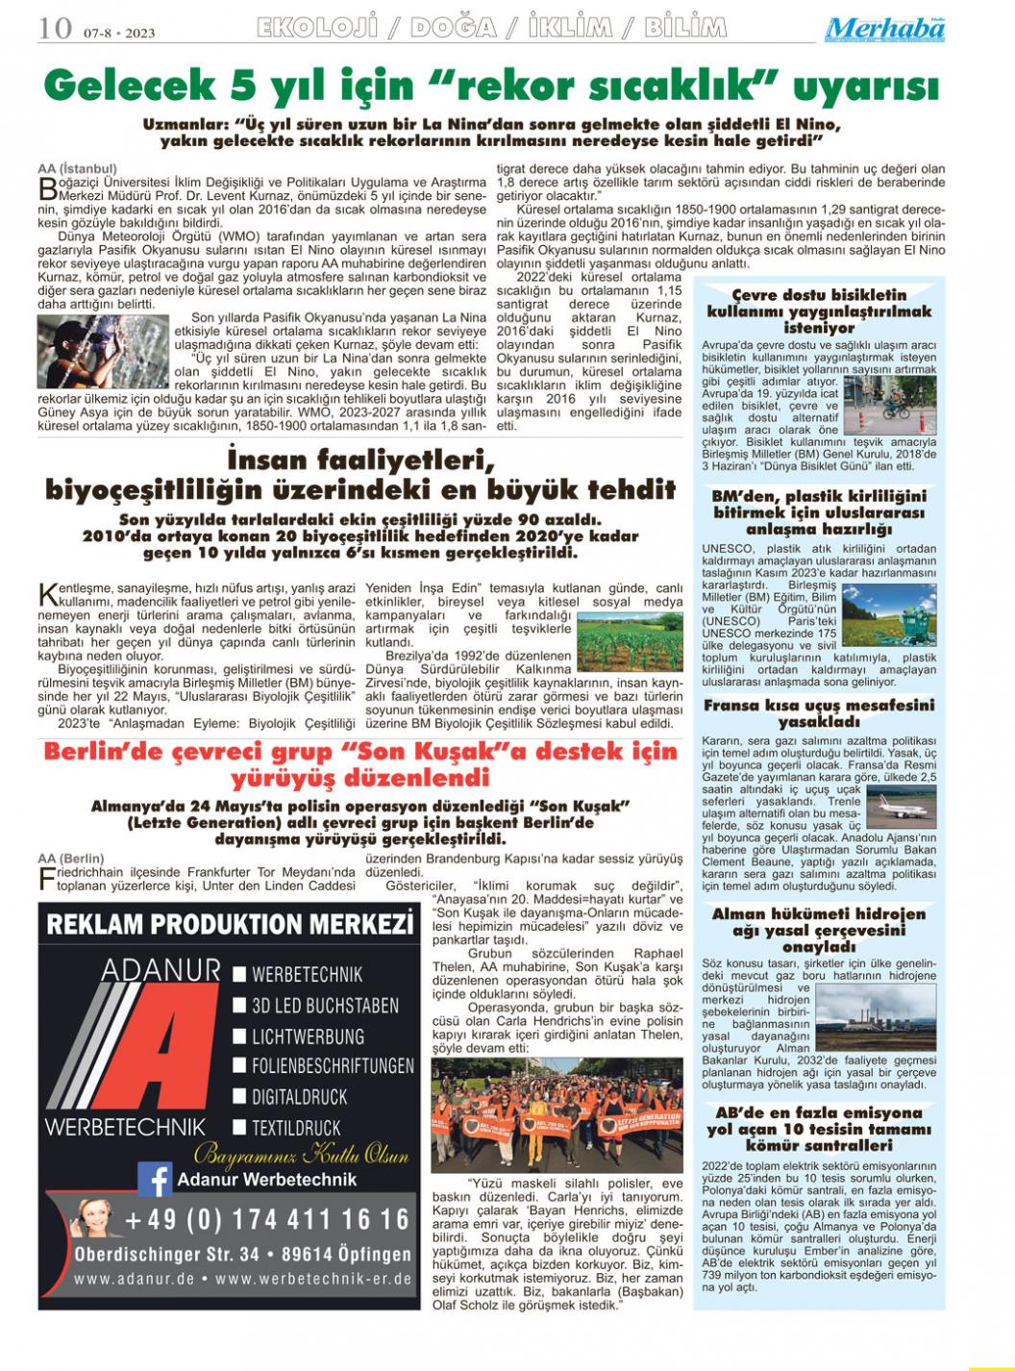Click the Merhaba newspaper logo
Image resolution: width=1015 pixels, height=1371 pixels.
[x=884, y=29]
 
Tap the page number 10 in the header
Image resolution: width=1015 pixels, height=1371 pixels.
[x=55, y=29]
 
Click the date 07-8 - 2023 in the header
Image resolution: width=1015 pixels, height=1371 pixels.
[x=117, y=33]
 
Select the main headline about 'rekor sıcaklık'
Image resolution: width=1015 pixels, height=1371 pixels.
[x=490, y=87]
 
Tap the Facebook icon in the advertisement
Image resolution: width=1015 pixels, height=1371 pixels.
[x=154, y=1179]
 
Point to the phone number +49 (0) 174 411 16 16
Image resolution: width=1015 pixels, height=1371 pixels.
[x=267, y=1220]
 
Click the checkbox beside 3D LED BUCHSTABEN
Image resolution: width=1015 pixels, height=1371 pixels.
[x=239, y=1006]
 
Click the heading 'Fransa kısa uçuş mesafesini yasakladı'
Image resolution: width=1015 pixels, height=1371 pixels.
[x=819, y=712]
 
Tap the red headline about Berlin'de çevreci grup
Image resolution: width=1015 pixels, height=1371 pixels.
[x=360, y=763]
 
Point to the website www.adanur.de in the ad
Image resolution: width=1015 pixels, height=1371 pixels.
[x=135, y=1280]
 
